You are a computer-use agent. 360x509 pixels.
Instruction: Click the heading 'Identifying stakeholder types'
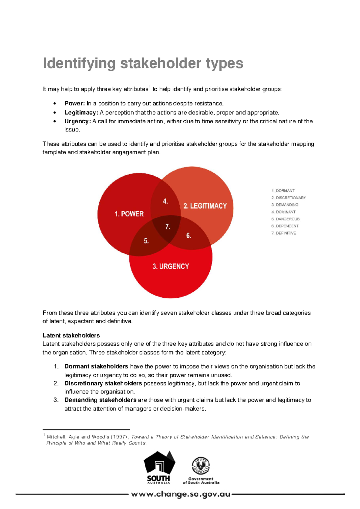pyautogui.click(x=143, y=63)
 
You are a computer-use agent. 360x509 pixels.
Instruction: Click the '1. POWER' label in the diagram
pyautogui.click(x=129, y=214)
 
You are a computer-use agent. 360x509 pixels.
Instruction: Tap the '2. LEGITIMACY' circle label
pyautogui.click(x=205, y=206)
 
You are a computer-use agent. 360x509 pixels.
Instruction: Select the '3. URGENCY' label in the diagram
pyautogui.click(x=171, y=267)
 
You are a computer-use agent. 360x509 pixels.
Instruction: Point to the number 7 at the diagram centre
pyautogui.click(x=168, y=227)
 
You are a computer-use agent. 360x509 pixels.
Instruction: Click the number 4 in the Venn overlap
pyautogui.click(x=165, y=201)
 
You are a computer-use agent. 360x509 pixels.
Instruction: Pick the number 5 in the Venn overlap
pyautogui.click(x=146, y=241)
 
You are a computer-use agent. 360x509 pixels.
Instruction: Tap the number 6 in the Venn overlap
pyautogui.click(x=188, y=236)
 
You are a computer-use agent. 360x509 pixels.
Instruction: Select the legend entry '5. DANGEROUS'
pyautogui.click(x=285, y=219)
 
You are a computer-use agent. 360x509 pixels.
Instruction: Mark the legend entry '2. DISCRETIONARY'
pyautogui.click(x=289, y=198)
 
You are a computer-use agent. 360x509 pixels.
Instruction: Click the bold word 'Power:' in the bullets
pyautogui.click(x=75, y=104)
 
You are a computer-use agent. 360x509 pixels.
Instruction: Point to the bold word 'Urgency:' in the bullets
pyautogui.click(x=77, y=121)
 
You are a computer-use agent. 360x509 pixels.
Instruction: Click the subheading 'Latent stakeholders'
pyautogui.click(x=71, y=335)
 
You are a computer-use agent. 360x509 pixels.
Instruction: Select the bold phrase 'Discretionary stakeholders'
pyautogui.click(x=103, y=383)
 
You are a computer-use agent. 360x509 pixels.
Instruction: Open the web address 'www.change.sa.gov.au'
pyautogui.click(x=181, y=494)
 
